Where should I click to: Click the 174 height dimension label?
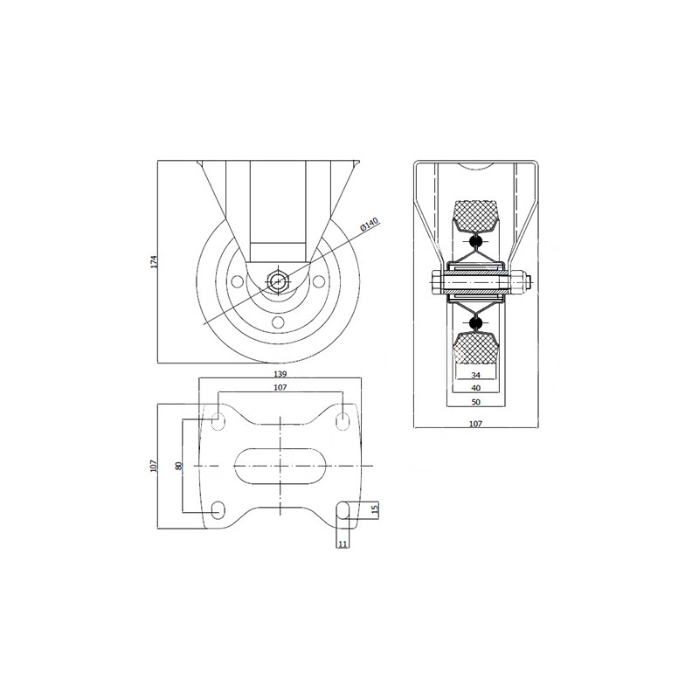(154, 261)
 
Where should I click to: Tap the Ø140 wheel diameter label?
(369, 224)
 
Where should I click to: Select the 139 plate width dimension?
(280, 374)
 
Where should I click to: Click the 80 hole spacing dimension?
(179, 466)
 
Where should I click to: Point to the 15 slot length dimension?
(375, 509)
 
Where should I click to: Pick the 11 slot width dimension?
(343, 544)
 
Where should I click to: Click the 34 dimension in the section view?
(475, 375)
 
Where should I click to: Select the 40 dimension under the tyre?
(475, 388)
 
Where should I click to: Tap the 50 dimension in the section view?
(475, 402)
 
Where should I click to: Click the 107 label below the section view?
(475, 424)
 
